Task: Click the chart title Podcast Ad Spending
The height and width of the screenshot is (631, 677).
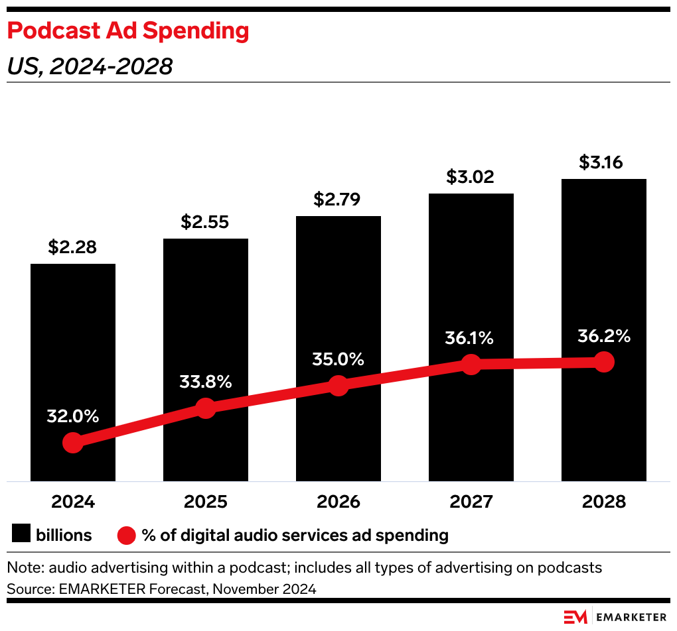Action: click(x=128, y=30)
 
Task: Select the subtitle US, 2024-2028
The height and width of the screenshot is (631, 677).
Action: click(x=90, y=66)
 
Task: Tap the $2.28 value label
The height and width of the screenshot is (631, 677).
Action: click(x=72, y=248)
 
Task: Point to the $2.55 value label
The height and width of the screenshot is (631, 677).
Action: click(x=205, y=222)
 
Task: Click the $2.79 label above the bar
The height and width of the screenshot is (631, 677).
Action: click(x=338, y=200)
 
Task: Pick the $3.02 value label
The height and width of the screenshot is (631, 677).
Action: click(x=471, y=177)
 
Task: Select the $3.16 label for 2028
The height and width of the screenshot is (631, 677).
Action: click(x=603, y=162)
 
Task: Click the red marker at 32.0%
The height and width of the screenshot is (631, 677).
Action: click(x=72, y=443)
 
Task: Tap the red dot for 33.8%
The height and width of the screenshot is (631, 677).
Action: click(x=206, y=408)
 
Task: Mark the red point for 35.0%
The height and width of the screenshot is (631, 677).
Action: click(x=338, y=386)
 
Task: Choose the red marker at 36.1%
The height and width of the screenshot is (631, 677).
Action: click(x=471, y=364)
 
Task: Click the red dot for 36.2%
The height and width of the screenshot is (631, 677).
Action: click(x=603, y=362)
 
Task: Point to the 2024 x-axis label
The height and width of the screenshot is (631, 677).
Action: click(x=72, y=502)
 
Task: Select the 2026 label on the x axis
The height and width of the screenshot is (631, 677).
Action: click(x=338, y=502)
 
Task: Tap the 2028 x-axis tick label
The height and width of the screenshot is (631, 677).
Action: click(x=603, y=502)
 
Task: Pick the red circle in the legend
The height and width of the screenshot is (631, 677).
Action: click(x=126, y=535)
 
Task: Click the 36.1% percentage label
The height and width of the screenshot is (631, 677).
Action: click(x=471, y=338)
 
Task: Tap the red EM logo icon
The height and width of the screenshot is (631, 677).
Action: click(x=575, y=616)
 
